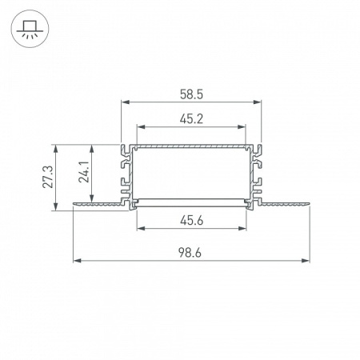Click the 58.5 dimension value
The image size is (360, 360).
pos(191,94)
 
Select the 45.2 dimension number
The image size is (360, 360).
pos(191,119)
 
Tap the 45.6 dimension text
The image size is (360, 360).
pos(191,221)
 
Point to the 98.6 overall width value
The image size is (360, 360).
pos(190,253)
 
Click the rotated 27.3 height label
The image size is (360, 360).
pos(48,177)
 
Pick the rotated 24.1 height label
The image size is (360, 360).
pos(84,171)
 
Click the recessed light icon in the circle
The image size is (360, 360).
pos(30,29)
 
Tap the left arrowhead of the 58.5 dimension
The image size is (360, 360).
pos(125,102)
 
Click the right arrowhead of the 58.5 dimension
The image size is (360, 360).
pos(257,102)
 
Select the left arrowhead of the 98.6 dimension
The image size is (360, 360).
pos(78,261)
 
